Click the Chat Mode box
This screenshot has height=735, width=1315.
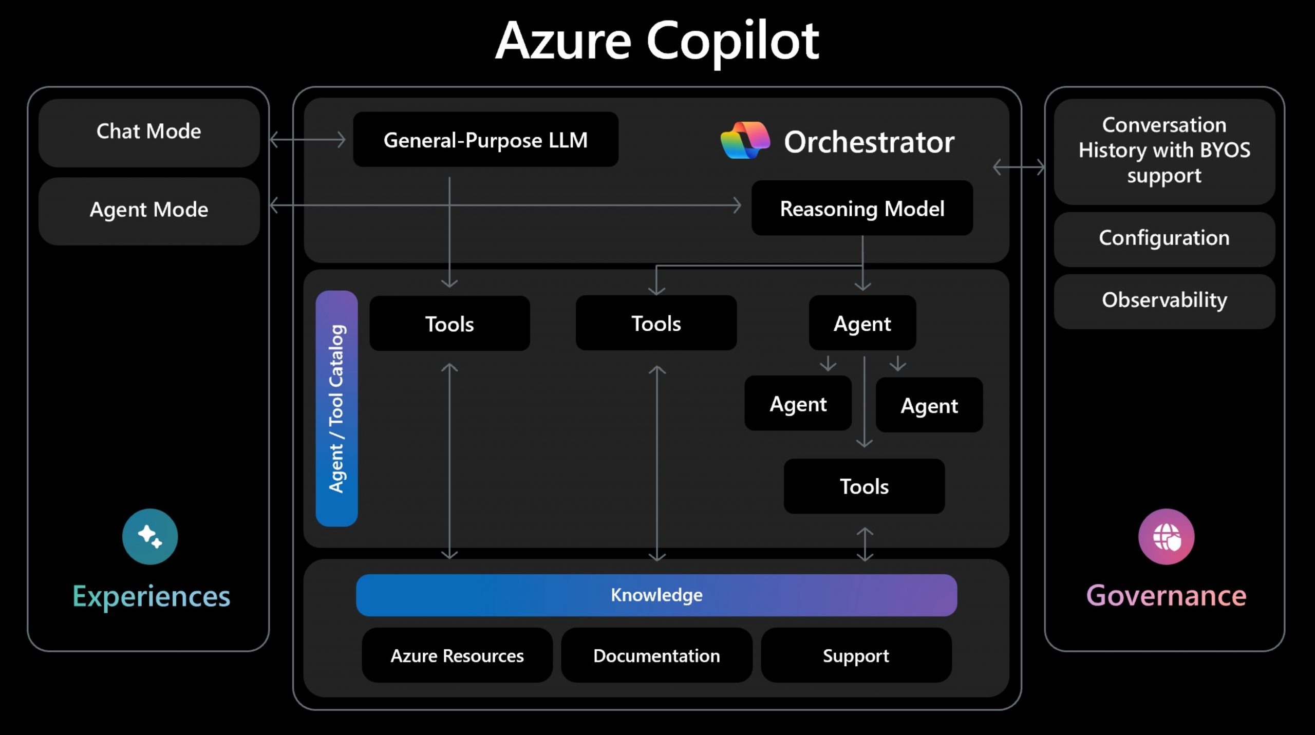pos(149,132)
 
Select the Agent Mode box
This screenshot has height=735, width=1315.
pos(149,211)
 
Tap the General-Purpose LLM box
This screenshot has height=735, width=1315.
pos(485,140)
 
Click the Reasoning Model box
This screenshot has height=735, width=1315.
pos(862,209)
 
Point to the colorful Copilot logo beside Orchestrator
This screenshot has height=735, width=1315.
pos(745,140)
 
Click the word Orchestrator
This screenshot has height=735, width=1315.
pos(869,142)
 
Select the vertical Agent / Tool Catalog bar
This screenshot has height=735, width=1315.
pos(336,408)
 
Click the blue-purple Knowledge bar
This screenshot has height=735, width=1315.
pos(656,595)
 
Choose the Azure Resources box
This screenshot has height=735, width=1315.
pos(457,655)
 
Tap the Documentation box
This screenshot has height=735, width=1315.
pos(656,655)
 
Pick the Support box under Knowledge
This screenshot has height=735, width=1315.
pos(856,655)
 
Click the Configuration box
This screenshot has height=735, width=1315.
pos(1164,239)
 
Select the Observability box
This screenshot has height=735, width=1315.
pos(1164,300)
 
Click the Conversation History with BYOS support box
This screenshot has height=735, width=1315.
pos(1164,151)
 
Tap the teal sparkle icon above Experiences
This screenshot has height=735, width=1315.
pos(150,536)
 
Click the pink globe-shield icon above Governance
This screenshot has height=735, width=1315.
pos(1166,536)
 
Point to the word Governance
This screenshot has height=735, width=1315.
pos(1166,596)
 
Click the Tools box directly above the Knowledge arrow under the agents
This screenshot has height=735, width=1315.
pos(864,486)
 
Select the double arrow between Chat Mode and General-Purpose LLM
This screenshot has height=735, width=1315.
pos(308,139)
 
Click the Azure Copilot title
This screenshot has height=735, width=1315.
pos(657,41)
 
